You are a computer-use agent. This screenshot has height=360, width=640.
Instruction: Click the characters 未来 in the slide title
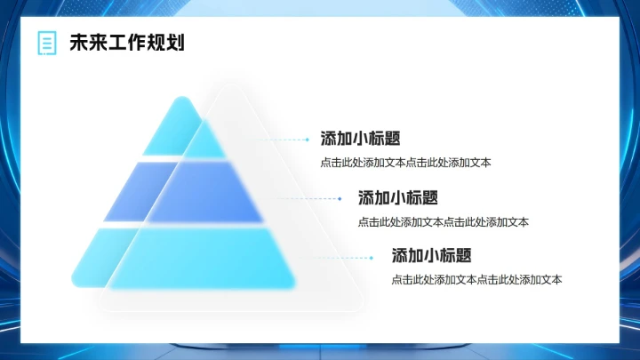[84, 43]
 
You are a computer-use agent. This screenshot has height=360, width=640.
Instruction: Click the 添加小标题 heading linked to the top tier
[360, 139]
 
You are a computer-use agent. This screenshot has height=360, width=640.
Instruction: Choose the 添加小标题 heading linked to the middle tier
[397, 197]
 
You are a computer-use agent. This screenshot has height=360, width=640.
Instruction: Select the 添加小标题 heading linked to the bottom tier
[431, 256]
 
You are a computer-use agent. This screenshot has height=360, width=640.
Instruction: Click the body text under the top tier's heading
[405, 163]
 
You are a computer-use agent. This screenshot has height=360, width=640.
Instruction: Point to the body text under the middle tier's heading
[443, 221]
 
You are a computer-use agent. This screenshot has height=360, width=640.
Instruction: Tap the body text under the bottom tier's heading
[476, 280]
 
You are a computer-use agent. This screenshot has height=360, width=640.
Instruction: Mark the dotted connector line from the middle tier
[308, 199]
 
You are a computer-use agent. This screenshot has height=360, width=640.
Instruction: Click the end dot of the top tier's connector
[308, 140]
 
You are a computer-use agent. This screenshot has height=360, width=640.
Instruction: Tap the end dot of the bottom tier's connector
[372, 258]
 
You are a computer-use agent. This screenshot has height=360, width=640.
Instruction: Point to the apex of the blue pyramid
[182, 99]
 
